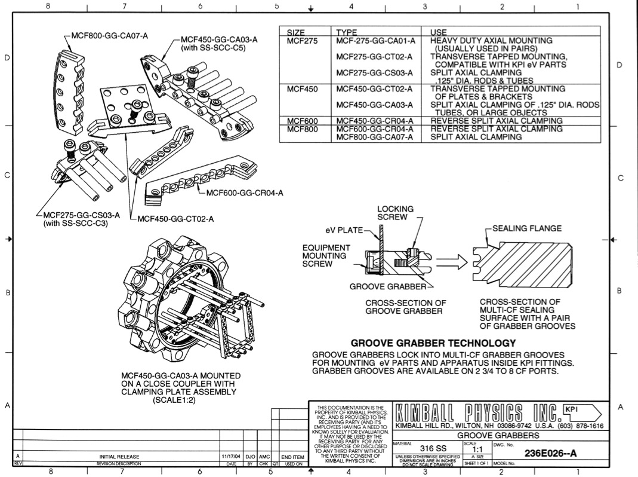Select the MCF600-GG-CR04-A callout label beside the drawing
[245, 192]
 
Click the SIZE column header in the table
[297, 32]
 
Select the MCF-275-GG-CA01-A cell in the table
[375, 41]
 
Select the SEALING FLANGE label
[527, 228]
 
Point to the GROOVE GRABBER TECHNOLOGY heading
[433, 343]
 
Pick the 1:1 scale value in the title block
[477, 450]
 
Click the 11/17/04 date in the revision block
[230, 457]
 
